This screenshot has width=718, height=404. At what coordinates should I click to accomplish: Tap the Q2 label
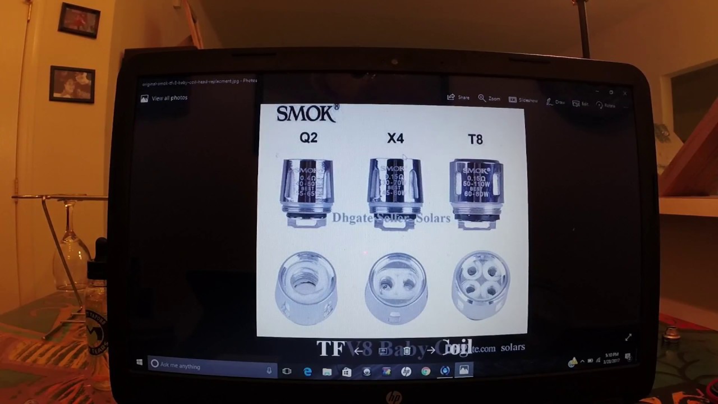tap(309, 138)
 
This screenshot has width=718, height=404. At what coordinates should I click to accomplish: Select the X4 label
tap(395, 139)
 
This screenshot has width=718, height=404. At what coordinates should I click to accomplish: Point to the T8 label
tap(475, 140)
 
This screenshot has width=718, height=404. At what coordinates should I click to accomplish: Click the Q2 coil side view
tap(307, 191)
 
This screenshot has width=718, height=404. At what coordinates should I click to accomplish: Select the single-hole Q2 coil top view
tap(306, 287)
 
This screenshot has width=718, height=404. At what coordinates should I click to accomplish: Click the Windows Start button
tap(139, 363)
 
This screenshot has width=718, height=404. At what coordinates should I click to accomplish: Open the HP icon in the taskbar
tap(406, 371)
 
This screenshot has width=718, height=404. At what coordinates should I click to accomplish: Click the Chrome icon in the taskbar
tap(426, 371)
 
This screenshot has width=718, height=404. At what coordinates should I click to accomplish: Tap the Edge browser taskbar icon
tap(307, 371)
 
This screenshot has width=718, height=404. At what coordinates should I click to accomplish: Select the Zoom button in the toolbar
tap(489, 98)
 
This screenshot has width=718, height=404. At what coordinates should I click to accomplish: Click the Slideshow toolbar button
tap(523, 100)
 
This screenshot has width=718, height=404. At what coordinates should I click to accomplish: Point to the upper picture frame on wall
tap(79, 20)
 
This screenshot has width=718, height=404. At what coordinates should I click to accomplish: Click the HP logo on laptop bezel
tap(394, 398)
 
